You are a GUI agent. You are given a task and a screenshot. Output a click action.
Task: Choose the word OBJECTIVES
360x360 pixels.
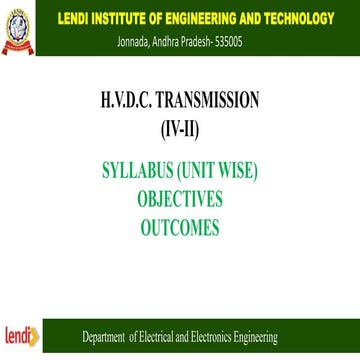click(180, 199)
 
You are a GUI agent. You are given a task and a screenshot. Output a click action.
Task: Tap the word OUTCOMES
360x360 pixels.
click(180, 227)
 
